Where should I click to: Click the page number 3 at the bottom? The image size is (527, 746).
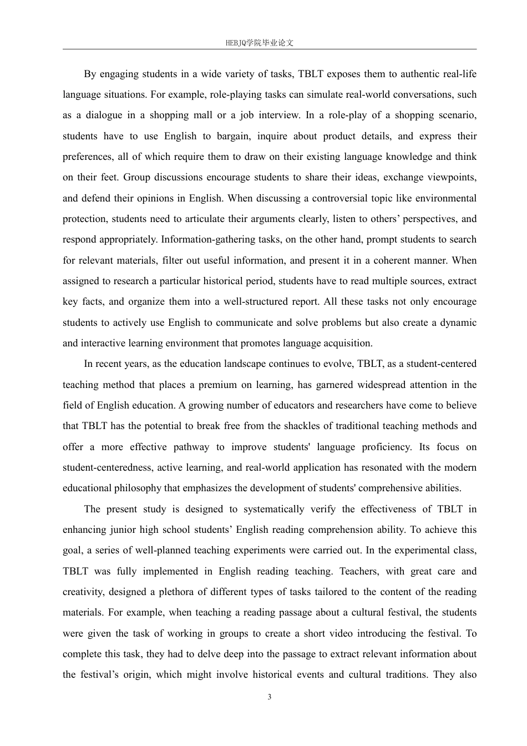[270, 697]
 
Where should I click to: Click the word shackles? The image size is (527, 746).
[302, 426]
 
